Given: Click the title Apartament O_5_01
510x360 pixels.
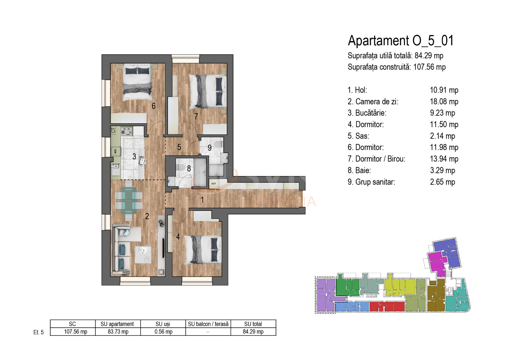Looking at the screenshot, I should (400, 41).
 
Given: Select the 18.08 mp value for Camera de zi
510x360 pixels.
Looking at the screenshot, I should (444, 102).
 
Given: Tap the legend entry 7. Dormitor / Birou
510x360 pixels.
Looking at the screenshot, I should (376, 159).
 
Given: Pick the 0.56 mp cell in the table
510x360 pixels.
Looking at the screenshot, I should (163, 332).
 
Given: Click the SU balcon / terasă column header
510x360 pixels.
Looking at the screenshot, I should (208, 324).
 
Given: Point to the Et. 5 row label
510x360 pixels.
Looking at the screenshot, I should (38, 332).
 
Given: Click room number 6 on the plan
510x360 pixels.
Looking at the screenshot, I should (154, 106).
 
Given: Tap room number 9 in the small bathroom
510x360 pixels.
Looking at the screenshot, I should (209, 148).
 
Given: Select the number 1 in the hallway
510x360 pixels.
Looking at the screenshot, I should (202, 200).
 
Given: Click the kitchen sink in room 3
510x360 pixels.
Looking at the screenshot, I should (115, 166).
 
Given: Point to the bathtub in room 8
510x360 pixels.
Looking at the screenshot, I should (200, 172).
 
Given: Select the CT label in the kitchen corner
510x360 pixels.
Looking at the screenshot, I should (113, 130).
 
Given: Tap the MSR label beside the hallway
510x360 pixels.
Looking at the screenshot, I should (214, 184).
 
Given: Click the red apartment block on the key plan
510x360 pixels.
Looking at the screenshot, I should (386, 307).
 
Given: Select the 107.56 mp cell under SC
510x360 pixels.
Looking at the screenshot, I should (75, 332).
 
